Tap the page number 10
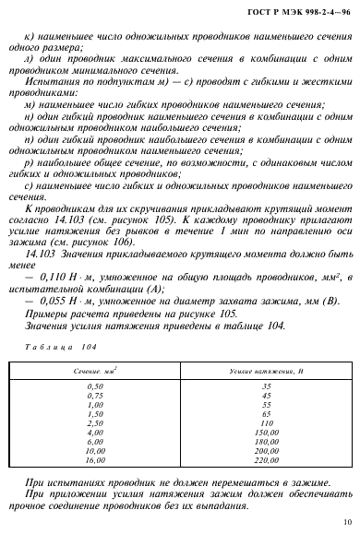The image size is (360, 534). tap(343, 522)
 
